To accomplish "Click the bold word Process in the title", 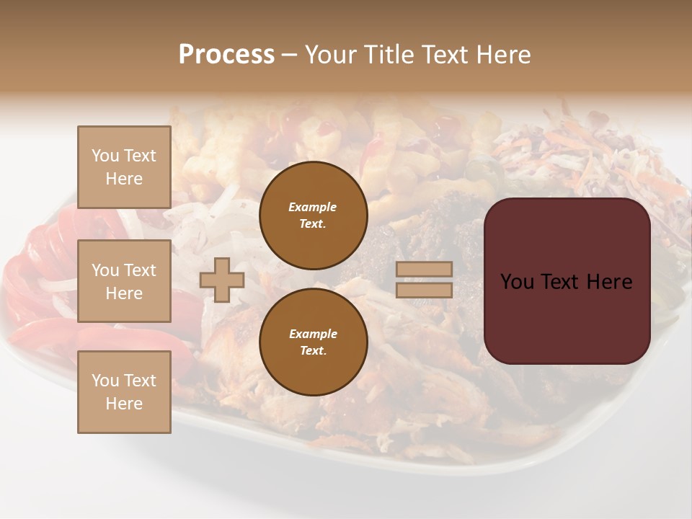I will [x=226, y=55].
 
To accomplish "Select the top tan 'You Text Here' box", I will [x=124, y=167].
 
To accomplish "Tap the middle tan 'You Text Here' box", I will [x=124, y=281].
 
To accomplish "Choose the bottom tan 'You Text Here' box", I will [x=124, y=392].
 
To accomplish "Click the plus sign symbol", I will [x=222, y=280].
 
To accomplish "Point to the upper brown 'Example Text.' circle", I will [x=313, y=215].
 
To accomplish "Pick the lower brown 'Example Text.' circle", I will [x=313, y=342].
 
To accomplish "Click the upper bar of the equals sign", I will [x=424, y=270].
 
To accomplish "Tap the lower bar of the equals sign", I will [x=424, y=290].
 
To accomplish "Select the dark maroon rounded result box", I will [x=567, y=281].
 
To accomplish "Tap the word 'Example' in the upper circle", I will [x=313, y=207].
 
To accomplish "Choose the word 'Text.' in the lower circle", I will [x=313, y=351].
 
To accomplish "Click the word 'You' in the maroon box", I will [x=518, y=282].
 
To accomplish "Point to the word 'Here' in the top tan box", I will [x=124, y=179].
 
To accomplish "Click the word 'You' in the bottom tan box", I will [x=105, y=381].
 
